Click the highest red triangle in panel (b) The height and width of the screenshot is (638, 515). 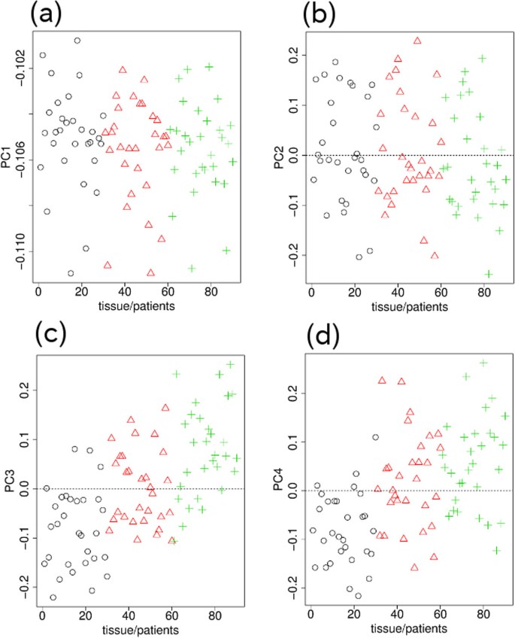pyautogui.click(x=417, y=41)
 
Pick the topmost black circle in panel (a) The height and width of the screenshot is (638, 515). pyautogui.click(x=77, y=41)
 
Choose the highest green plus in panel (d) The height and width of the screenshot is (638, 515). pyautogui.click(x=483, y=363)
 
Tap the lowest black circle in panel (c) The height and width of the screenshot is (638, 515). pyautogui.click(x=53, y=597)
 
